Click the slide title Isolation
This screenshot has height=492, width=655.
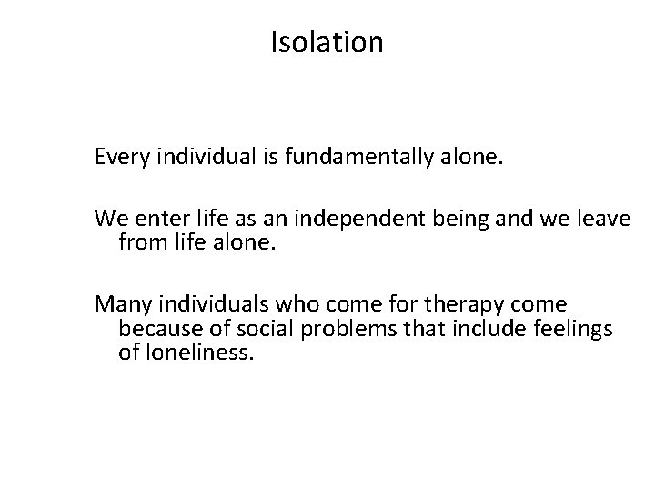pos(327,42)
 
